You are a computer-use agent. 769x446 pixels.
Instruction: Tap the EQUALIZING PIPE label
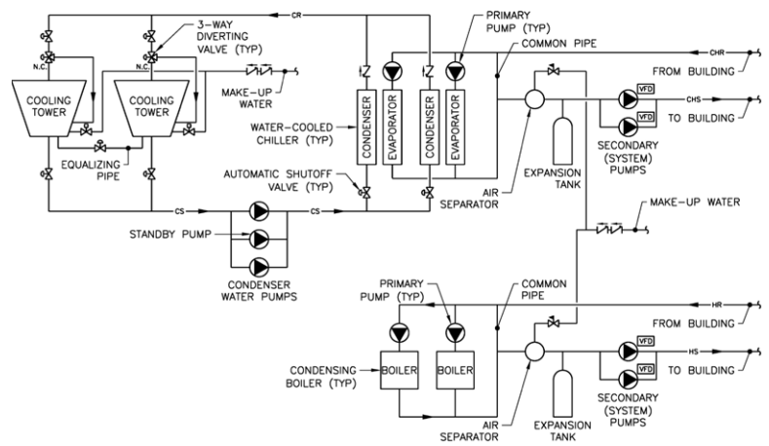click(98, 159)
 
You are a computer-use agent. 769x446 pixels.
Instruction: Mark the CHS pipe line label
click(693, 99)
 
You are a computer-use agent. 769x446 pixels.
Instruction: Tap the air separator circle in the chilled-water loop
click(532, 99)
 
